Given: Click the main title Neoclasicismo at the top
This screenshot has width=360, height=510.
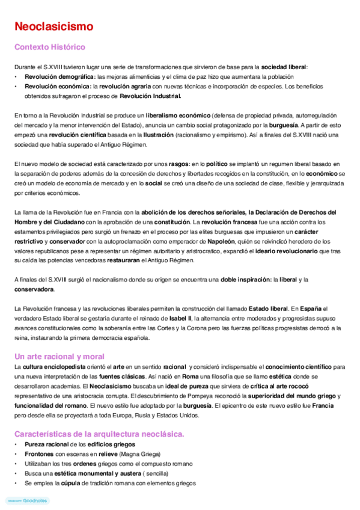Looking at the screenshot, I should point(53,26).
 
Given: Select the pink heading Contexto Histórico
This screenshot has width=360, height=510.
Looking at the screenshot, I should point(50,47).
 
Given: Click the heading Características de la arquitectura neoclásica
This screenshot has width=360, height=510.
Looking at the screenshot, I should point(99,434).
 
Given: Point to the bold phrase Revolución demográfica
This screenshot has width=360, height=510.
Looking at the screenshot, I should point(59,77).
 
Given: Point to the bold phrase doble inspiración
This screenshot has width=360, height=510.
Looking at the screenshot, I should point(245,279).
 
